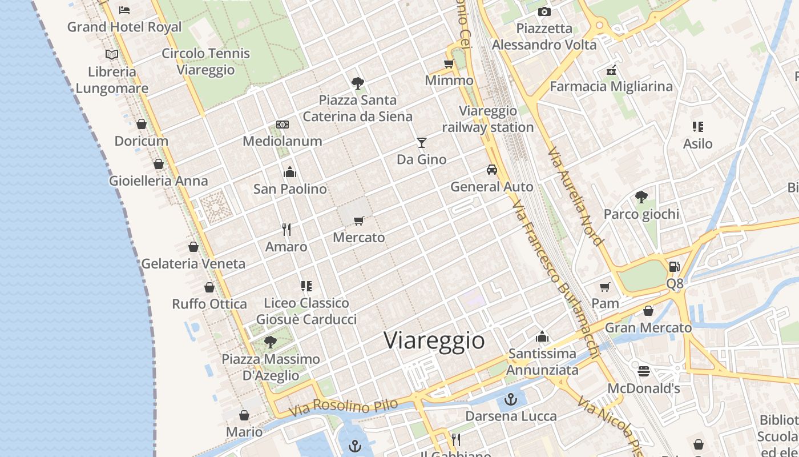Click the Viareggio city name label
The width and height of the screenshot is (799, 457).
434,340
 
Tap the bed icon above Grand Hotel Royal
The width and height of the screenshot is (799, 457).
124,10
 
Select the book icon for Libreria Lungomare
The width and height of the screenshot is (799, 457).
112,55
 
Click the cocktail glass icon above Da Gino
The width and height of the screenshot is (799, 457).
422,142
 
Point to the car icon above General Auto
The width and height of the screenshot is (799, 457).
491,170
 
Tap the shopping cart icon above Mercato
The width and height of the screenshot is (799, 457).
358,221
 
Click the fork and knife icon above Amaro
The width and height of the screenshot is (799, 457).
286,230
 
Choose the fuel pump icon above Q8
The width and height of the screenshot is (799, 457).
674,267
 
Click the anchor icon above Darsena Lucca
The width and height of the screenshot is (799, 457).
511,399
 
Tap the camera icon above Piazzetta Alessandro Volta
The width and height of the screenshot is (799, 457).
544,11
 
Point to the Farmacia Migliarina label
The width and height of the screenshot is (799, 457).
611,86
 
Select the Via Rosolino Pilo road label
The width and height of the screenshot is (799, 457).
343,407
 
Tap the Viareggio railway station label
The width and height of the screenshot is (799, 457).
488,119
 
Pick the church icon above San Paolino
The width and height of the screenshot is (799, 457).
290,172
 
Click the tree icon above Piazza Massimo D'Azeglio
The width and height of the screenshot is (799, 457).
271,342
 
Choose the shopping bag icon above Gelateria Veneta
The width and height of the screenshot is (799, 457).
193,247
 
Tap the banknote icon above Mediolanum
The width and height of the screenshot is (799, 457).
283,125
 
